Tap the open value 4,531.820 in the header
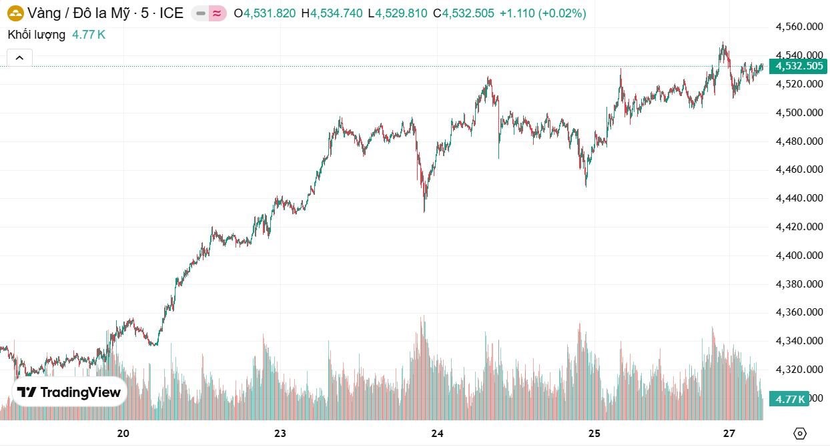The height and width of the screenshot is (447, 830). point(270,13)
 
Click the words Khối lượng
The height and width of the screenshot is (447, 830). point(37,35)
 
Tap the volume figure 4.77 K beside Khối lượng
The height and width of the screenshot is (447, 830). point(89,35)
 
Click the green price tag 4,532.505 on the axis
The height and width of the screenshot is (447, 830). point(798,66)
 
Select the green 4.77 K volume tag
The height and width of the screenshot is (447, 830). point(789,399)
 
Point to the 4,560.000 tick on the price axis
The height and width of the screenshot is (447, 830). point(799,27)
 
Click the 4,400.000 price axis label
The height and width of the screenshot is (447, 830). point(799,256)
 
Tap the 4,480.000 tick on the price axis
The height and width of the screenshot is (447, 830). point(799,141)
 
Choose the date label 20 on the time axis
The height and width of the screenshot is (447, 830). point(123,434)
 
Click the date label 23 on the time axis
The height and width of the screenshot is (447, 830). point(280,434)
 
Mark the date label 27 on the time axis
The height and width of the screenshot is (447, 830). point(729,434)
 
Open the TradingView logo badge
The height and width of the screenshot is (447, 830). point(69,392)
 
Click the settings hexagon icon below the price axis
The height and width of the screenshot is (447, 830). point(801,433)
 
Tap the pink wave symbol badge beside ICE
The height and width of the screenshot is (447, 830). point(217,13)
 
